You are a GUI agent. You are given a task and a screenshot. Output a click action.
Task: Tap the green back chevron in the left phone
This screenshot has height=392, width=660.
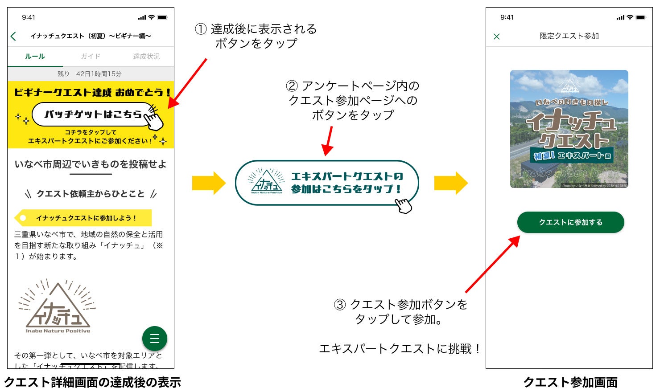pos(13,37)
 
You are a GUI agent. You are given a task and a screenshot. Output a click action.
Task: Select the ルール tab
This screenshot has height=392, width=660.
pos(35,57)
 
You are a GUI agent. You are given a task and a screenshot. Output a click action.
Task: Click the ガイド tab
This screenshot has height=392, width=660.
pos(91,57)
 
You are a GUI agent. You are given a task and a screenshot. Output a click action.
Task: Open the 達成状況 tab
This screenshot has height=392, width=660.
pos(146,57)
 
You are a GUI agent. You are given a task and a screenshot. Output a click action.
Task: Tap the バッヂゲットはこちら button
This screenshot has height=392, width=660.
pos(94,114)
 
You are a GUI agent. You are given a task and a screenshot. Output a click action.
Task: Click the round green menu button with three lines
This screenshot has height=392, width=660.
pos(155,339)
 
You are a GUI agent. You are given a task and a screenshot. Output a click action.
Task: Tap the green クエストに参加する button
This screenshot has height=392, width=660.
pos(570,222)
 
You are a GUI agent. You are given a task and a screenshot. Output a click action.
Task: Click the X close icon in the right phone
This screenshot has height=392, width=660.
pos(497,37)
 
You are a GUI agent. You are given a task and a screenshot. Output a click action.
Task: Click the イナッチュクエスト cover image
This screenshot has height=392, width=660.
pos(569,129)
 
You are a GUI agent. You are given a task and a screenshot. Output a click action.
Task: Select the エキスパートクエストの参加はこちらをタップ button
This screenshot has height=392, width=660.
pos(327,183)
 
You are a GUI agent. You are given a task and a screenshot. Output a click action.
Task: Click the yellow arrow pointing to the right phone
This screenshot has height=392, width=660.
pos(450,183)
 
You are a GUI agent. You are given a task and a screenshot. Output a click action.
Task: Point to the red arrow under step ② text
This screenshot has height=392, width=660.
pos(329,141)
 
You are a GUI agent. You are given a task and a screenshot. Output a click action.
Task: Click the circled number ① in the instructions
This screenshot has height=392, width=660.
pos(201,29)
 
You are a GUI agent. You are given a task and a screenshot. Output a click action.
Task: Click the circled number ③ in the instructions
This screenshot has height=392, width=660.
pos(340,305)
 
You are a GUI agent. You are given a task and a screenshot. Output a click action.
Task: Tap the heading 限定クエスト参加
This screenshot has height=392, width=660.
pos(569,36)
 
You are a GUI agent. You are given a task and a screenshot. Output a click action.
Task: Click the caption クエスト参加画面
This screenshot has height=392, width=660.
pos(570,382)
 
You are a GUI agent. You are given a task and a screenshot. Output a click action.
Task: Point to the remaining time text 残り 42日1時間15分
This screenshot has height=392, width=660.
pos(90,74)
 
